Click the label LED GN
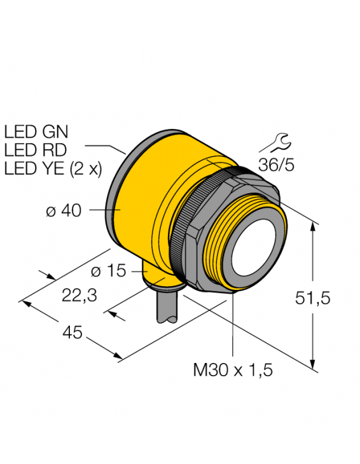36,133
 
